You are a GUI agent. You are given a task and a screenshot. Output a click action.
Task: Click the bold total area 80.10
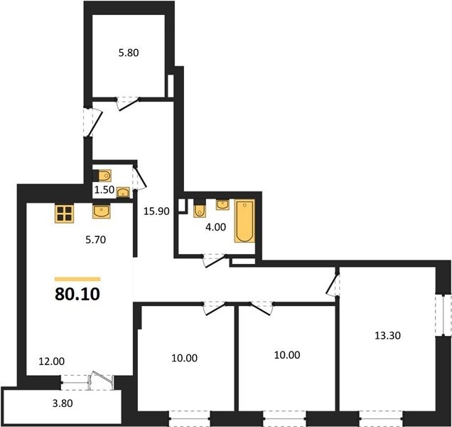[x=77, y=294]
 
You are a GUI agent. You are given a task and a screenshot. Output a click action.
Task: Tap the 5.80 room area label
[x=129, y=53]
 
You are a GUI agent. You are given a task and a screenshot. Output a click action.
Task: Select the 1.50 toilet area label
[x=104, y=190]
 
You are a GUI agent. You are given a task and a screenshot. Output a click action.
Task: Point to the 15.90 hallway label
[x=156, y=211]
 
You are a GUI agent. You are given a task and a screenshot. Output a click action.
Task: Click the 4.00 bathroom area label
[x=215, y=227]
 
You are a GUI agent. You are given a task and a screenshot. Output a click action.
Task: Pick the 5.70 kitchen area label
[x=96, y=240]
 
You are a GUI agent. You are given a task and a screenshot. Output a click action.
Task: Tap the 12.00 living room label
[x=52, y=362]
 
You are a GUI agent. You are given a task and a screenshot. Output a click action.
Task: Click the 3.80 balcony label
[x=63, y=403]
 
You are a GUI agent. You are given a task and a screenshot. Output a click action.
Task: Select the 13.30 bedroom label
[x=388, y=335]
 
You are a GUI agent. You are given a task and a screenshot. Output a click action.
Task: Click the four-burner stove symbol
[x=64, y=213]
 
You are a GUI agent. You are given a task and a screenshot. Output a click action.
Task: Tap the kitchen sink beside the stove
[x=102, y=211]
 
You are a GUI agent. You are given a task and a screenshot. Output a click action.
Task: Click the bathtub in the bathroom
[x=244, y=221]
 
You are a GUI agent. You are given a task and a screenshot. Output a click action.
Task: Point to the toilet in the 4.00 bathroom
[x=200, y=208]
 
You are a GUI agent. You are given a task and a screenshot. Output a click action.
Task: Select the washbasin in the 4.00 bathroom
[x=222, y=205]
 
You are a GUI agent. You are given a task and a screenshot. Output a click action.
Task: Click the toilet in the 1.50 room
[x=102, y=176]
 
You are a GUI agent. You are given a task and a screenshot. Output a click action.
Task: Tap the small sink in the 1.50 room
[x=123, y=192]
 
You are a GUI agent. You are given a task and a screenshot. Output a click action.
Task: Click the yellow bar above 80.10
[x=77, y=279]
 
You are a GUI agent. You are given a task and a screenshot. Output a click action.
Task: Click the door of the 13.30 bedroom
[x=333, y=284]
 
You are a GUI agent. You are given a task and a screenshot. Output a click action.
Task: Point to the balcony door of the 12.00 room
[x=101, y=379]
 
